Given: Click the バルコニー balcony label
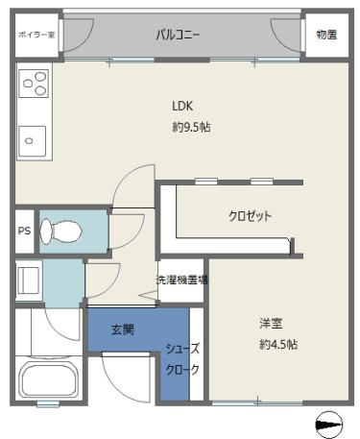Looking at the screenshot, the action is [x=178, y=35].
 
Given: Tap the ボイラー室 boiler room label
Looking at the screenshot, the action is [x=36, y=35].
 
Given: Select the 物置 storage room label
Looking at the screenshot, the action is [x=326, y=35].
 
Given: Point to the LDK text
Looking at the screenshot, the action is [x=182, y=106].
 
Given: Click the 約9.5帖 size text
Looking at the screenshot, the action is [x=191, y=127].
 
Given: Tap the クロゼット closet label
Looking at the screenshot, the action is [x=250, y=216].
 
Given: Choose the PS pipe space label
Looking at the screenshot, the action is [x=24, y=231].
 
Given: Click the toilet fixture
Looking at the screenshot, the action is [x=60, y=232].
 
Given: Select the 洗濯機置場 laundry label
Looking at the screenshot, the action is [x=181, y=280].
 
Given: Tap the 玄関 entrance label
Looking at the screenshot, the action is [x=123, y=329].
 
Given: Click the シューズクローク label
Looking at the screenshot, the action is [x=182, y=359].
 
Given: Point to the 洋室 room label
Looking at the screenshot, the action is [x=271, y=323].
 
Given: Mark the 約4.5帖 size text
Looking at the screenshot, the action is [x=278, y=345].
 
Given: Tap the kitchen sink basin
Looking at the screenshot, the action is [x=32, y=141].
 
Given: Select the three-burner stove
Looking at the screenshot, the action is [x=34, y=84].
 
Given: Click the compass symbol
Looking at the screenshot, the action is [x=329, y=425].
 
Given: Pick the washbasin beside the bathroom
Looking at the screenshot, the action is [x=29, y=280].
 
